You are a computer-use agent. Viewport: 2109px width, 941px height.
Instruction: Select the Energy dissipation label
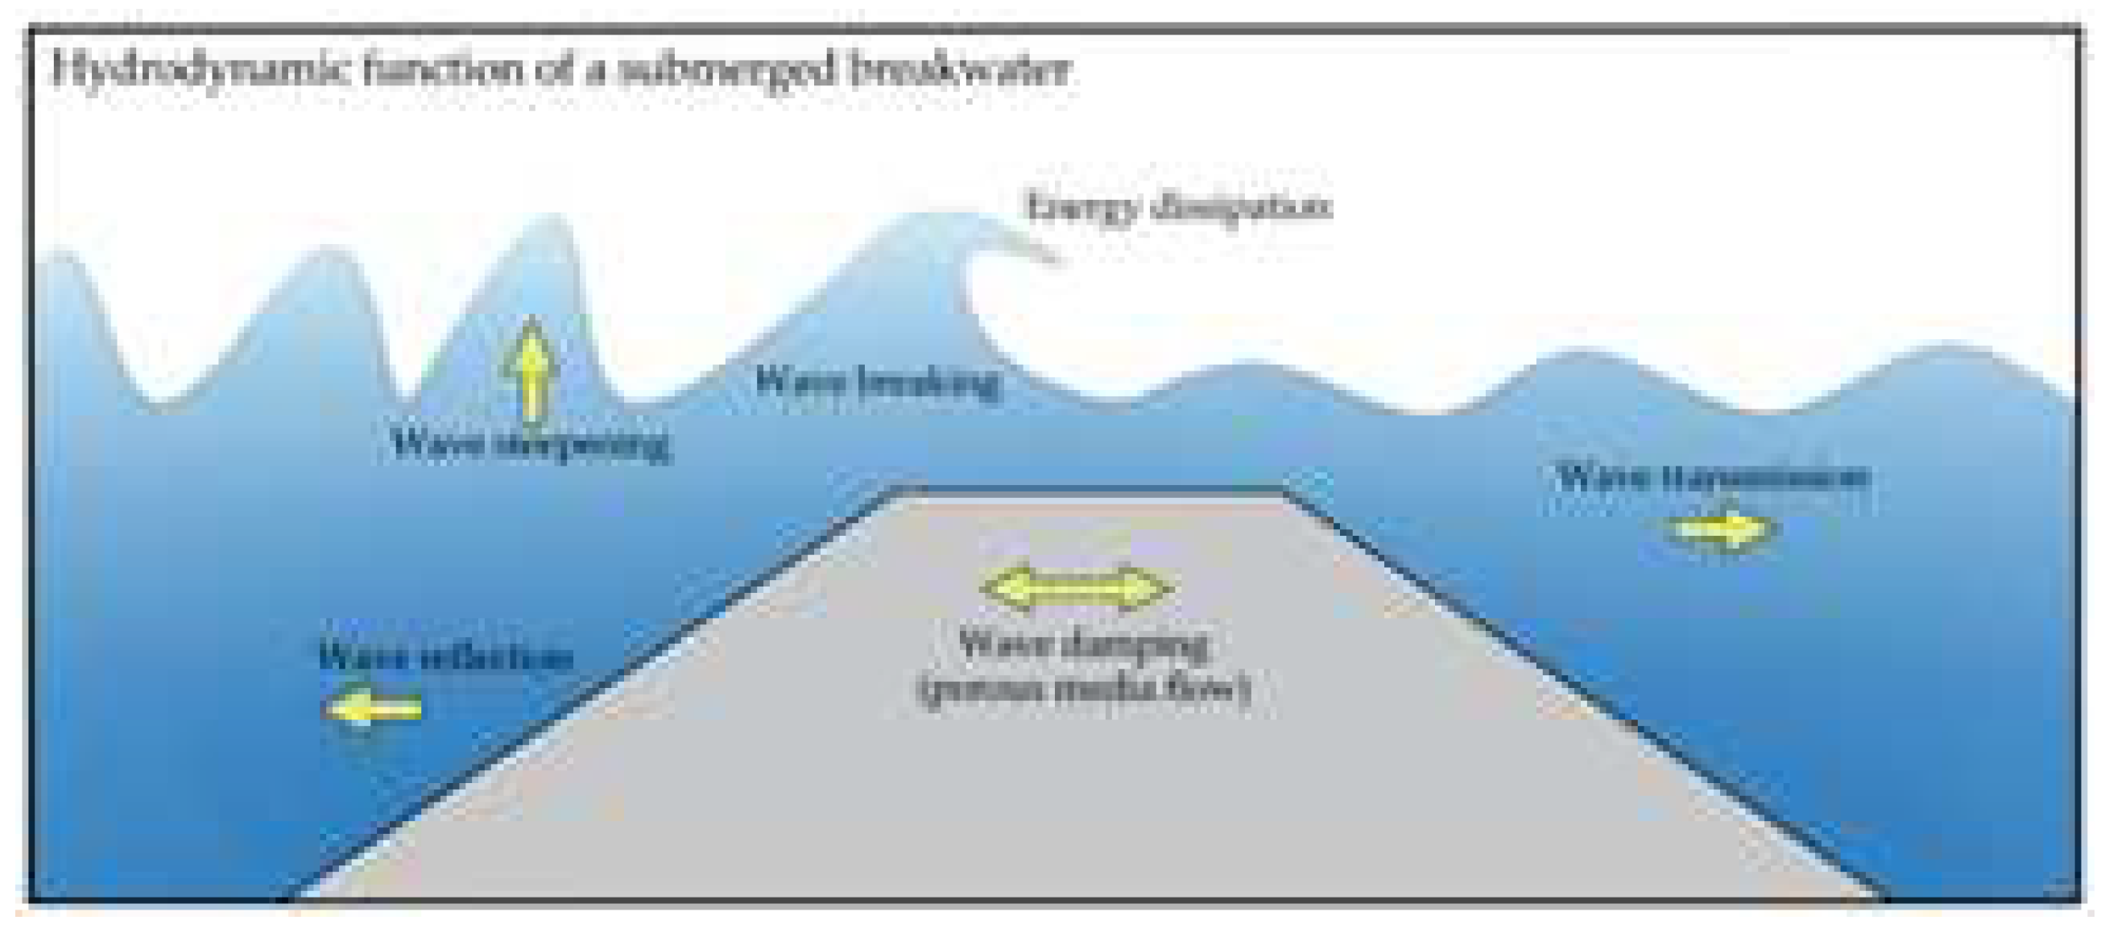[x=1179, y=206]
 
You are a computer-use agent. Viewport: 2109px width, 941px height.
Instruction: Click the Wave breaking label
[x=877, y=382]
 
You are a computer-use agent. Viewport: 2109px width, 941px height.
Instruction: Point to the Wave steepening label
[x=531, y=445]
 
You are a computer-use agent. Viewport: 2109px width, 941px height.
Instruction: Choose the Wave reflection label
[x=446, y=657]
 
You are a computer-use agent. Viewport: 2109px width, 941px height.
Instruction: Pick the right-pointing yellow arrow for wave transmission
[x=1721, y=529]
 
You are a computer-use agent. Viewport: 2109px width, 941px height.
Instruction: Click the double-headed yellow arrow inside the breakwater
[x=1077, y=588]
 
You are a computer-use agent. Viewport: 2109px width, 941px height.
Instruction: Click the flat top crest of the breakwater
[x=1089, y=492]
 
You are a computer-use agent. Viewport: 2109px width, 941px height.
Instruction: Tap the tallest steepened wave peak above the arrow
[x=554, y=218]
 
